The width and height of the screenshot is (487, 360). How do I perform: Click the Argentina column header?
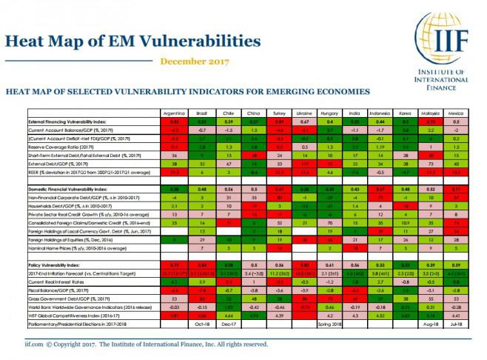[173, 112]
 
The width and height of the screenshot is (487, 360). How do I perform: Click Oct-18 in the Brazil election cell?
[201, 323]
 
